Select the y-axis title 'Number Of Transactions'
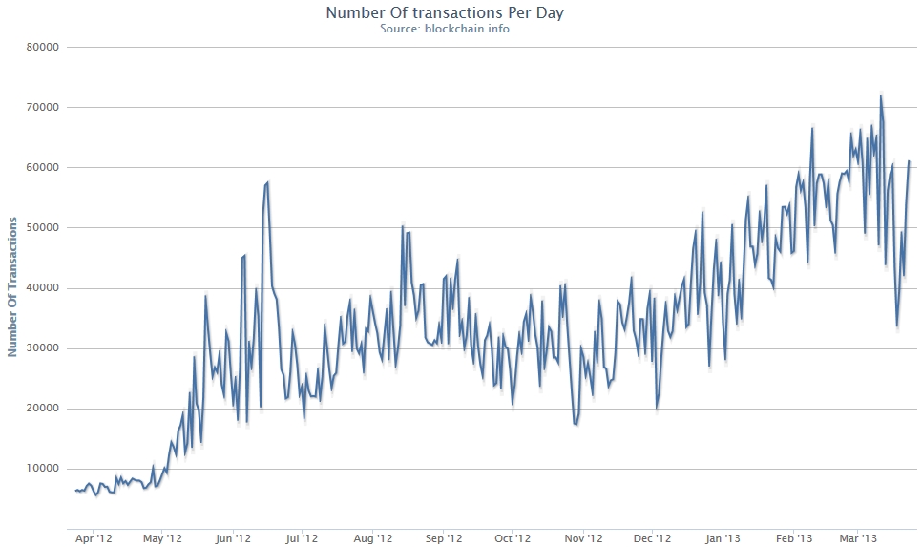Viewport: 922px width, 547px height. click(12, 286)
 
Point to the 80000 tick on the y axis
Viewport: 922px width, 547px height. click(42, 47)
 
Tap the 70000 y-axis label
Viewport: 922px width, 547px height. click(42, 107)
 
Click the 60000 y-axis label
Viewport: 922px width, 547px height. click(42, 167)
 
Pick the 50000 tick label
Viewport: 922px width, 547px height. click(42, 227)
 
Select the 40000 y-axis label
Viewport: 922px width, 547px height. click(42, 287)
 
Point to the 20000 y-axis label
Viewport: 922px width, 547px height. click(42, 409)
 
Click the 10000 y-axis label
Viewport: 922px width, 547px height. click(42, 469)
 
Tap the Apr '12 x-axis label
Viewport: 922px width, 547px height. click(94, 538)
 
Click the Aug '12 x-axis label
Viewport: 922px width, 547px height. click(373, 538)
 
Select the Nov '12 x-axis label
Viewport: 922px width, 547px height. click(582, 538)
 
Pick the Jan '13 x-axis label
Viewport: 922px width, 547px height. click(723, 538)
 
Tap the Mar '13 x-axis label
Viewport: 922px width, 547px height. click(857, 538)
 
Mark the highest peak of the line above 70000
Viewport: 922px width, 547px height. click(881, 95)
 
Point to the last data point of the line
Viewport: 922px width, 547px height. click(909, 161)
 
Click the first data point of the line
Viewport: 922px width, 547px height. click(75, 490)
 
